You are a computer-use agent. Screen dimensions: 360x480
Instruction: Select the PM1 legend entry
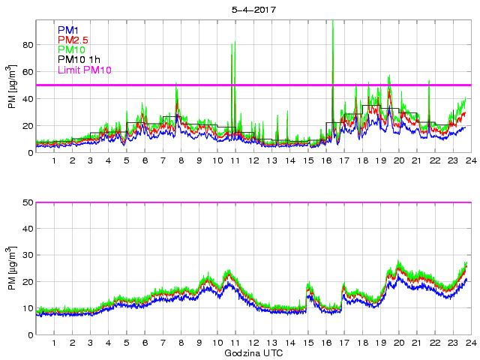pyautogui.click(x=68, y=30)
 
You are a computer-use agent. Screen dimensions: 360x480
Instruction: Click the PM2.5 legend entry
pyautogui.click(x=73, y=40)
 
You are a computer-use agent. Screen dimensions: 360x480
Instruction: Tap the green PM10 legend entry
pyautogui.click(x=72, y=50)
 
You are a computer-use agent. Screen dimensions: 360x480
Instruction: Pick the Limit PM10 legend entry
pyautogui.click(x=84, y=70)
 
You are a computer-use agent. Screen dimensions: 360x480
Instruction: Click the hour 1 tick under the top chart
pyautogui.click(x=55, y=161)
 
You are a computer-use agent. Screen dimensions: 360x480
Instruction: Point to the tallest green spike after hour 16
pyautogui.click(x=332, y=22)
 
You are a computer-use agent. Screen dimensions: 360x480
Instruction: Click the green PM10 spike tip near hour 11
pyautogui.click(x=233, y=42)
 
